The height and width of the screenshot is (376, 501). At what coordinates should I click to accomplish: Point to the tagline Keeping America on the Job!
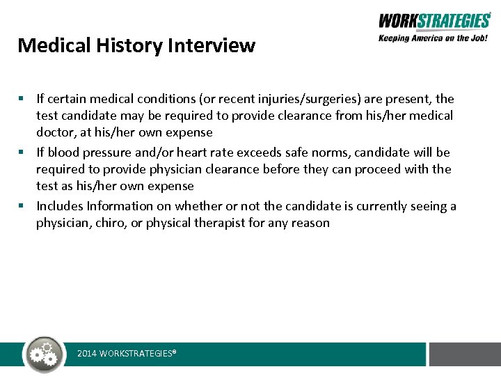click(434, 38)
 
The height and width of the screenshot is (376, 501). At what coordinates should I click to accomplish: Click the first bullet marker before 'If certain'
click(22, 99)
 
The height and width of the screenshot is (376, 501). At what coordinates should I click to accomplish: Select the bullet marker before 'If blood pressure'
click(22, 152)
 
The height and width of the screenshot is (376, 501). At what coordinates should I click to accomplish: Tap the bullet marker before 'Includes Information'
click(22, 206)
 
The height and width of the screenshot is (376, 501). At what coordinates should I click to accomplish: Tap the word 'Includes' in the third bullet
click(60, 206)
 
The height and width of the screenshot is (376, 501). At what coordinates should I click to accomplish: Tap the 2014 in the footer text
click(87, 354)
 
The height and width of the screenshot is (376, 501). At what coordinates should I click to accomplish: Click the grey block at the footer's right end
click(464, 354)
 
